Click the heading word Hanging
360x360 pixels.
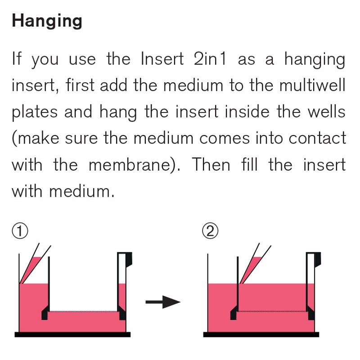point(47,21)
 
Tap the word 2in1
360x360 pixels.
point(210,59)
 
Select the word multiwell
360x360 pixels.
point(312,85)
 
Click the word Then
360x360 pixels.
point(211,165)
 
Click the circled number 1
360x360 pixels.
point(20,231)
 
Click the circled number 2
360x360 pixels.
point(210,231)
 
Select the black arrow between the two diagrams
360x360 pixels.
point(163,302)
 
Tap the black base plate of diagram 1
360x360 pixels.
point(72,334)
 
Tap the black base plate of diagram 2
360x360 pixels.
point(261,334)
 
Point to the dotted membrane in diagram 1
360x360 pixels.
point(83,311)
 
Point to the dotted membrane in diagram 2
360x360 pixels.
point(272,311)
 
